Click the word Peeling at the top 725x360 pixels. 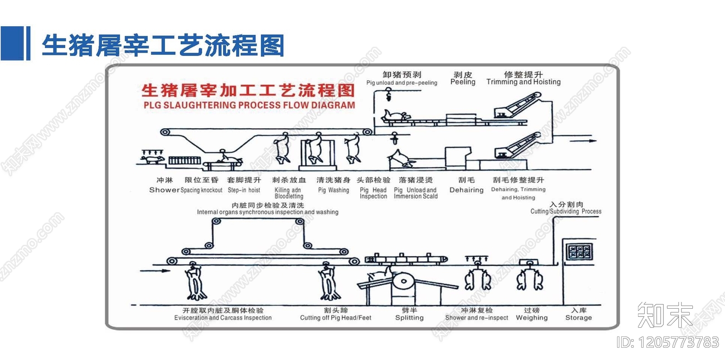pos(463,82)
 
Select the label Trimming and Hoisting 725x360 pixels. pos(523,82)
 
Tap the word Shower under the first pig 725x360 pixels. pos(164,190)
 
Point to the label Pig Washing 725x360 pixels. pos(333,190)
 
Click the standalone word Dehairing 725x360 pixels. pos(466,190)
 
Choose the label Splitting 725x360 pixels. pos(409,318)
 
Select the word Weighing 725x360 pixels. pos(532,318)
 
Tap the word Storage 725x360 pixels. pos(578,318)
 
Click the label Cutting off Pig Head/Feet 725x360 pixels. pos(335,318)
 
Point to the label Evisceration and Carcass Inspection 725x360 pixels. pos(223,318)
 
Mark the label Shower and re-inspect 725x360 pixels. pos(477,318)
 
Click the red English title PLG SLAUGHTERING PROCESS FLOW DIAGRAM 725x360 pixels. pos(249,105)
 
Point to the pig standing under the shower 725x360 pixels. pos(153,160)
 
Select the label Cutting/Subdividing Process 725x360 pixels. pos(566,212)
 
